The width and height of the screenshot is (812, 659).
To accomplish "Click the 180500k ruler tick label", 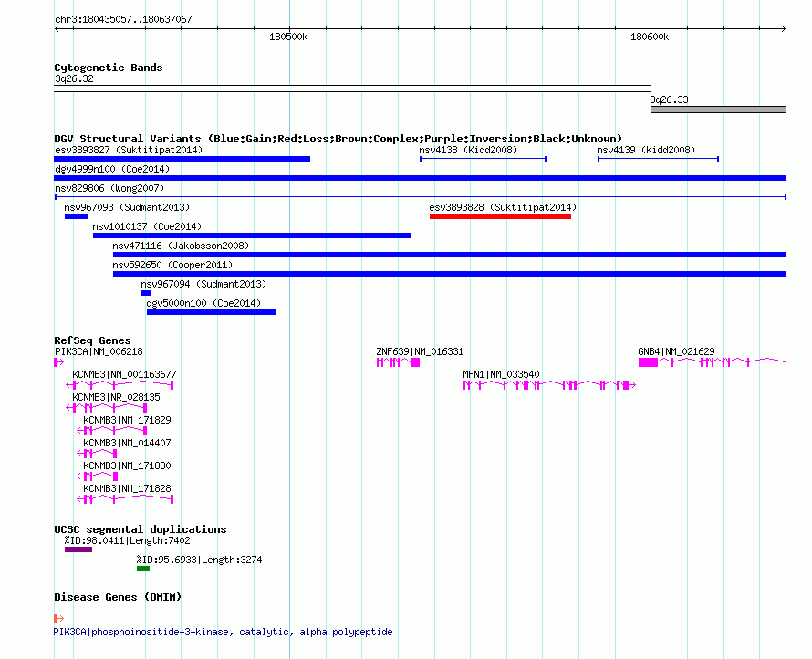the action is click(x=288, y=37).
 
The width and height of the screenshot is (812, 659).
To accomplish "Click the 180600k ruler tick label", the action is click(x=650, y=37).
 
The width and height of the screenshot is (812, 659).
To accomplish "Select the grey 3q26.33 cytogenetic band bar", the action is click(x=718, y=110).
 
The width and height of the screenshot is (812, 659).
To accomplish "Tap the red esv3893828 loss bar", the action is click(x=500, y=216).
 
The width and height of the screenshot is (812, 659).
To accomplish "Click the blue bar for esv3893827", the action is click(x=182, y=159).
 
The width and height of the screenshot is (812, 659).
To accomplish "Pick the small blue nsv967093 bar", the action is click(x=77, y=216).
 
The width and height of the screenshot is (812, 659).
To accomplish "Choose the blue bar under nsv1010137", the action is click(x=252, y=235).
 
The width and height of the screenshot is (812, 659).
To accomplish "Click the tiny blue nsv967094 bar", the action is click(x=146, y=293).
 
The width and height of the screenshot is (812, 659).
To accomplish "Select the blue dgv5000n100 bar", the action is click(x=212, y=312).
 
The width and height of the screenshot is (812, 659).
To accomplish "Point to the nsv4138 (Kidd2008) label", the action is click(x=468, y=150).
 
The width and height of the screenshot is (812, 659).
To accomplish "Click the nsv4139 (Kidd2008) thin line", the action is click(x=658, y=159).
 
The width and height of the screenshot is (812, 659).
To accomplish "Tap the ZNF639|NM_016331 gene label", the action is click(x=420, y=351).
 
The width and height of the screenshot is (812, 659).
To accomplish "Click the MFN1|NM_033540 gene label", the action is click(x=501, y=374).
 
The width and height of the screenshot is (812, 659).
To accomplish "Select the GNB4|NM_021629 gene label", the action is click(x=676, y=351).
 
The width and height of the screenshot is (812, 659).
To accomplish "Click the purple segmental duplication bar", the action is click(x=78, y=549).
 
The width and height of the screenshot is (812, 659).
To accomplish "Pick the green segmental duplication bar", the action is click(x=143, y=569).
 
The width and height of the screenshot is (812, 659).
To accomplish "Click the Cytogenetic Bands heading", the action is click(x=109, y=68).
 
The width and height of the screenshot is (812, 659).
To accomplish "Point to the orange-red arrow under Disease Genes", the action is click(x=59, y=618).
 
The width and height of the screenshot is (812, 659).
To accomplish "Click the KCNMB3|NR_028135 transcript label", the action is click(x=116, y=397).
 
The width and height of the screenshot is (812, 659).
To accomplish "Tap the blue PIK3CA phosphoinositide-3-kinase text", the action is click(x=223, y=632).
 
